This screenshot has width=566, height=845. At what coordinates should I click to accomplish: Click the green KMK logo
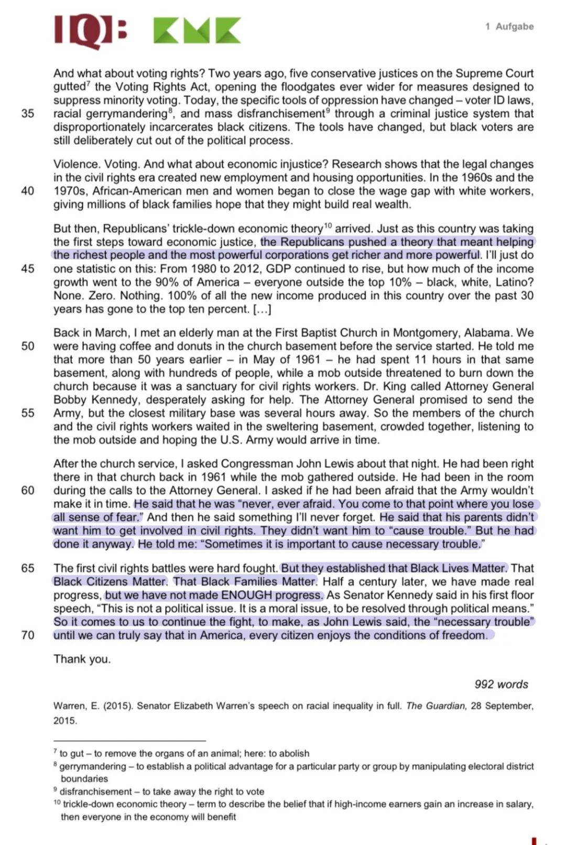[197, 30]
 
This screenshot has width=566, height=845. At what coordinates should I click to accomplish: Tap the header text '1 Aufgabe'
[509, 26]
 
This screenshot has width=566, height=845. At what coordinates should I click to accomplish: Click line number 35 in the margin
[28, 114]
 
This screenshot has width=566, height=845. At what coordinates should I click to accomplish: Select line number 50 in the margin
[28, 346]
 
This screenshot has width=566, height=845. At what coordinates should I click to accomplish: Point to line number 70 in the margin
[28, 635]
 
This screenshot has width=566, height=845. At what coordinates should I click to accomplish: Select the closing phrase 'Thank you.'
[82, 659]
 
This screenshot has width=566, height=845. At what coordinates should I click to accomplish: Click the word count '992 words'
[501, 684]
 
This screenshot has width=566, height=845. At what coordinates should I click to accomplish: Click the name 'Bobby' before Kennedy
[70, 400]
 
